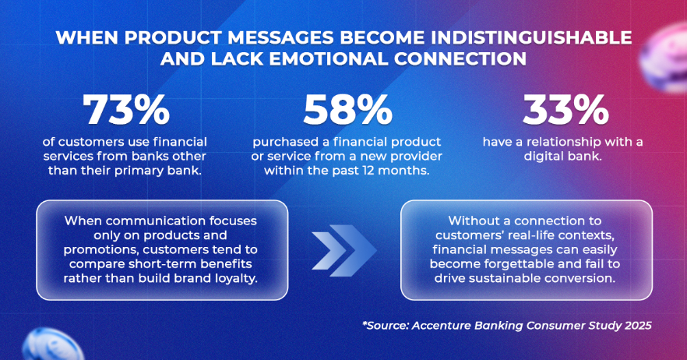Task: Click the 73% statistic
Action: [x=126, y=110]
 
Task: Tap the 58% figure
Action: [x=347, y=110]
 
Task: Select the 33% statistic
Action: [x=565, y=110]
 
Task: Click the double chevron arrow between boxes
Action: [x=344, y=250]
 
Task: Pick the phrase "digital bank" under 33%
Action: [x=563, y=157]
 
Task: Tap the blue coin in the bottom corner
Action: [x=51, y=345]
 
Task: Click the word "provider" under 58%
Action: [x=417, y=157]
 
